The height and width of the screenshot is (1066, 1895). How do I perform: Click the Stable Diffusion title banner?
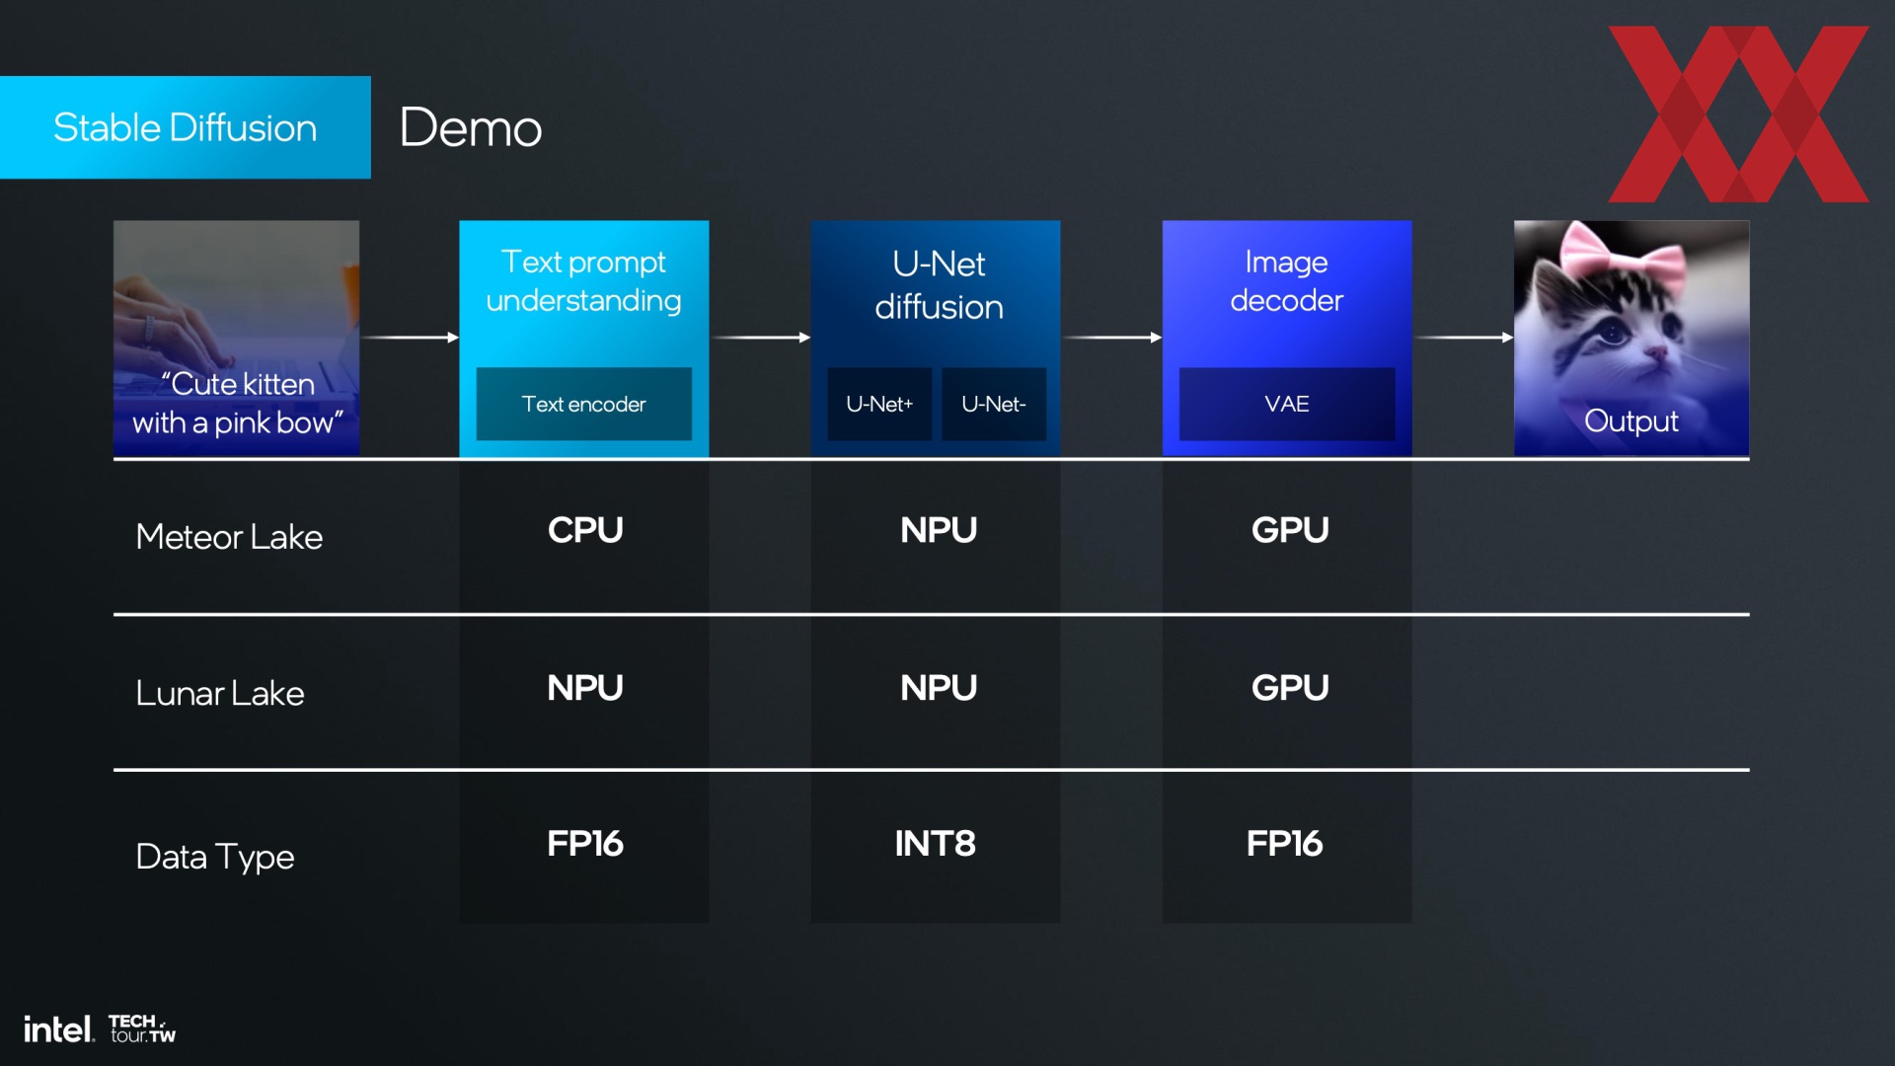coord(186,127)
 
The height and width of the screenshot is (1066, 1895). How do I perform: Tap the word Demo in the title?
coord(471,127)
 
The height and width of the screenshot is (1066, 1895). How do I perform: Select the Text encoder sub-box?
coord(584,404)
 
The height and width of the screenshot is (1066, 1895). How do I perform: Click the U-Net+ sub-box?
coord(879,404)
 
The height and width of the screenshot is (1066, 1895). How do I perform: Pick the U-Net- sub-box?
coord(994,404)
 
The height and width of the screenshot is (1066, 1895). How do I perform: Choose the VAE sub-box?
coord(1287,404)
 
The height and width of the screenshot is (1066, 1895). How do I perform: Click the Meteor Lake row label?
coord(229,537)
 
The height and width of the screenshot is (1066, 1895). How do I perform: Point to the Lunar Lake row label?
coord(220,693)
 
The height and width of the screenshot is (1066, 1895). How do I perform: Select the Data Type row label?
coord(215,857)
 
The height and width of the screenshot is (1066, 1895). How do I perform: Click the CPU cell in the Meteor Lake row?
coord(585,530)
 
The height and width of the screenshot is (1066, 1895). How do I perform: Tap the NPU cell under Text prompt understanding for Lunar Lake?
coord(585,688)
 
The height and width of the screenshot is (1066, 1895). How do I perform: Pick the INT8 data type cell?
coord(936,844)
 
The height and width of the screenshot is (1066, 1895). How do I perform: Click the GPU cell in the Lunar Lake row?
coord(1290,688)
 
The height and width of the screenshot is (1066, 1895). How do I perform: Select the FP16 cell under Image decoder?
coord(1284,844)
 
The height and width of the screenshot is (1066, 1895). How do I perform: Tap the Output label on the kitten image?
coord(1631,420)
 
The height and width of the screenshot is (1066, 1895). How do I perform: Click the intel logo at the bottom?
coord(59,1029)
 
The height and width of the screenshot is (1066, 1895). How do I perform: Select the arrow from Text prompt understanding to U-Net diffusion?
coord(761,338)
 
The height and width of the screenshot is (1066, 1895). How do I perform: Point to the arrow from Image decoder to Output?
coord(1465,338)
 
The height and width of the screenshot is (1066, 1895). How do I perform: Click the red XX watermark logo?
coord(1738,114)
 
